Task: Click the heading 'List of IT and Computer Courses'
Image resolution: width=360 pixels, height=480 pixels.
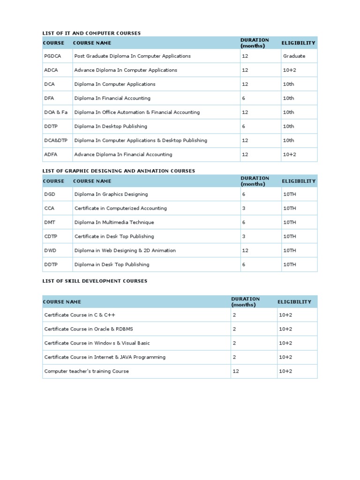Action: point(91,33)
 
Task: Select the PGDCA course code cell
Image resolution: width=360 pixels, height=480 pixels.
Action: point(52,56)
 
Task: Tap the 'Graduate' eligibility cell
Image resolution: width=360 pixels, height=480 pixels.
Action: point(294,56)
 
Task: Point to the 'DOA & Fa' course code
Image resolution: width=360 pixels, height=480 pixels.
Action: point(56,112)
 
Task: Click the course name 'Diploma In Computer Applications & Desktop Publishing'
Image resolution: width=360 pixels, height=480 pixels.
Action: point(141,140)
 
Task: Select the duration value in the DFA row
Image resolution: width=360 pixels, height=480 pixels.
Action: point(244,98)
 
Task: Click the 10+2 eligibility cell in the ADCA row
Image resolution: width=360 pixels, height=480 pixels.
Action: point(289,70)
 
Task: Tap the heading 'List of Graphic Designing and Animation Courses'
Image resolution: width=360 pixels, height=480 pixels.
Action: point(119,171)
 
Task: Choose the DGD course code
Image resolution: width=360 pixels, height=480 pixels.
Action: point(50,194)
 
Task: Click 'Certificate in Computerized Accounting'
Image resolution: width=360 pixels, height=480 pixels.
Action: point(120,208)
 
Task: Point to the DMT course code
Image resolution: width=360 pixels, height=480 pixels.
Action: point(50,222)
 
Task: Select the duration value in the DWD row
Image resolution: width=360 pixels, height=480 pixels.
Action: point(245,250)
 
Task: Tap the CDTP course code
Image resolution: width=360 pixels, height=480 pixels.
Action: point(51,236)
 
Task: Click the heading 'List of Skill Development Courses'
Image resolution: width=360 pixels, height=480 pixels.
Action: point(95,281)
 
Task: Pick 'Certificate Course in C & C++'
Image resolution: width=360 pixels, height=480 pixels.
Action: point(80,315)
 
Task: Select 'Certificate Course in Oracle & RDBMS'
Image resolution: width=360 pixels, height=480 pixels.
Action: point(89,329)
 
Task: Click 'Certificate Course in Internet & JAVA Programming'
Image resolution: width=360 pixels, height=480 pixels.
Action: point(105,357)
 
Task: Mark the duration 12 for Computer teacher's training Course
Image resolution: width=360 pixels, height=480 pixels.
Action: point(236,371)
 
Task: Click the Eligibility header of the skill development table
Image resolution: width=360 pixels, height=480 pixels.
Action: point(294,302)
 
